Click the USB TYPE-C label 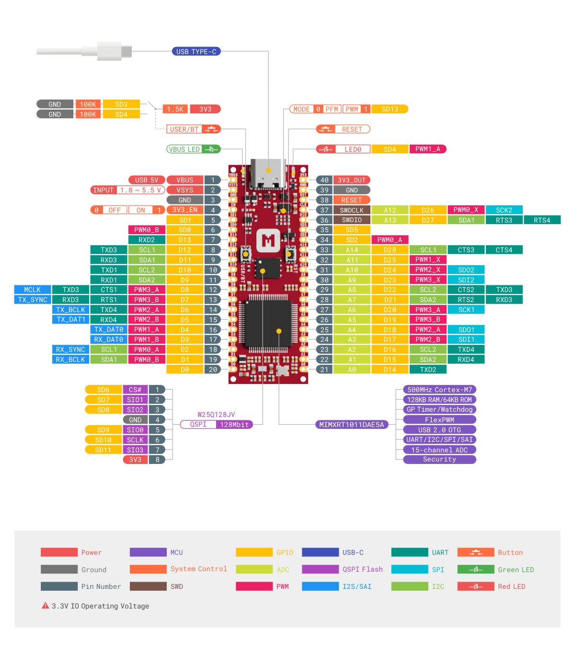[x=196, y=52]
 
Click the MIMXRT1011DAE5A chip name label [x=352, y=425]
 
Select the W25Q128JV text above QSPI [x=216, y=415]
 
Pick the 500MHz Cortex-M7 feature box [x=439, y=390]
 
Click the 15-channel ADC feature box [x=439, y=450]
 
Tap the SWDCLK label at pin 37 [x=352, y=210]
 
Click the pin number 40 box [x=324, y=180]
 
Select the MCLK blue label [x=33, y=290]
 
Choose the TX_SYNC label [x=33, y=300]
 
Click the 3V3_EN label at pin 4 [x=185, y=210]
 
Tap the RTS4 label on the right [x=542, y=220]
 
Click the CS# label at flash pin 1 [x=135, y=390]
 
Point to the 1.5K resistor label [x=175, y=109]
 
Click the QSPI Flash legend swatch [x=320, y=569]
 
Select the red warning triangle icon [x=46, y=606]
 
